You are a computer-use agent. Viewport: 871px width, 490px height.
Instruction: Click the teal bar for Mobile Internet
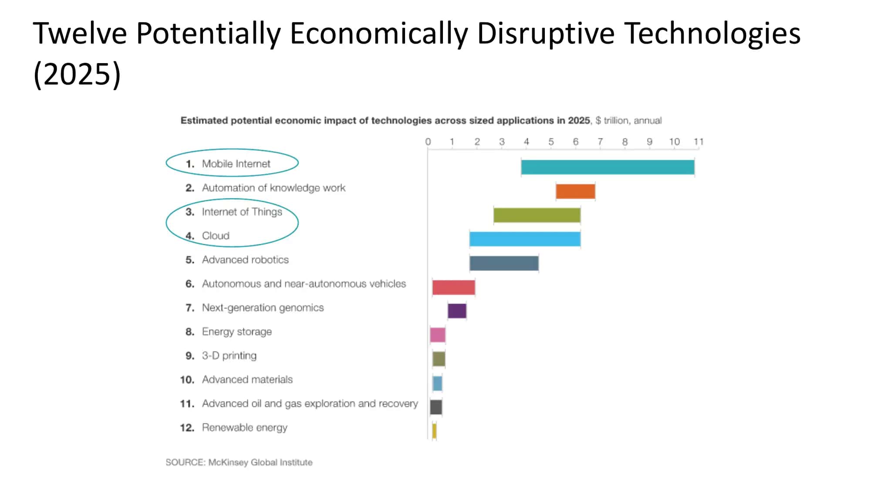pos(608,167)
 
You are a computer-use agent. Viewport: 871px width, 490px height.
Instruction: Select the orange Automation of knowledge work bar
pos(575,191)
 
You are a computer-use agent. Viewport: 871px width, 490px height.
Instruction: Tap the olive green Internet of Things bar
pos(537,215)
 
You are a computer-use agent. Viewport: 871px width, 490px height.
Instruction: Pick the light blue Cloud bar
pos(525,239)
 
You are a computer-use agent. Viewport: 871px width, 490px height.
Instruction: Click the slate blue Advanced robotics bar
pos(504,263)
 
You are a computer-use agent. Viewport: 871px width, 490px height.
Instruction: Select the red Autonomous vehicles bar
pos(453,287)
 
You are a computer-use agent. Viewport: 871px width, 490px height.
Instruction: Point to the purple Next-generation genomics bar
pos(457,311)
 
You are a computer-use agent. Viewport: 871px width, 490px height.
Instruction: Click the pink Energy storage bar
pos(438,335)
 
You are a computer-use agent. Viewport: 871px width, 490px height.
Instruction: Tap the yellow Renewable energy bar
pos(434,431)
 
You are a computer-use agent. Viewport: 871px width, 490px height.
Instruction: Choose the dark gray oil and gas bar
pos(436,407)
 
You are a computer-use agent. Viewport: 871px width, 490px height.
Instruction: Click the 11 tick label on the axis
pos(699,142)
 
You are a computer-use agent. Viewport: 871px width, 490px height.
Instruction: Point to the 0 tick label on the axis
pos(428,142)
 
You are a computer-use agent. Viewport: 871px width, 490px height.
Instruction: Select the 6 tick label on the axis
pos(576,142)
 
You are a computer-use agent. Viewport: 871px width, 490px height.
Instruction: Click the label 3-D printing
pos(229,356)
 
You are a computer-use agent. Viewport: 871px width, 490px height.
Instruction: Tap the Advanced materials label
pos(247,379)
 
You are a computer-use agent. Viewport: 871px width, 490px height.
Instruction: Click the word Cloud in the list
pos(216,236)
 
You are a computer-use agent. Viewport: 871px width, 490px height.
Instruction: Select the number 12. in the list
pos(187,428)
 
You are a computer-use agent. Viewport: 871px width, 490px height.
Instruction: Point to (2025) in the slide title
pos(77,74)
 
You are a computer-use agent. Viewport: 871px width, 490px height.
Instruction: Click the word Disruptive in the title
pos(546,34)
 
